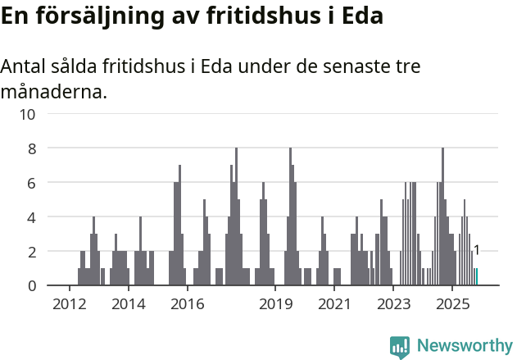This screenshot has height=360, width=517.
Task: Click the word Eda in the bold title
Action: coord(361,16)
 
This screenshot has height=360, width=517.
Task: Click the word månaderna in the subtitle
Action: coord(54,91)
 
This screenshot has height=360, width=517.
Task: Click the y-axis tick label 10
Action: coord(27,114)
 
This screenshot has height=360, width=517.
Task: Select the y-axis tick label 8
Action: coord(31,148)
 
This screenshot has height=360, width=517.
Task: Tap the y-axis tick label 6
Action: coord(31,183)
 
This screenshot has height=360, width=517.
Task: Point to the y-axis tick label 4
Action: coord(31,217)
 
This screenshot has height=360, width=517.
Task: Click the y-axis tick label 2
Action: coord(31,252)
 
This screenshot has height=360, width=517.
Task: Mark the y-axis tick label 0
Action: coord(31,286)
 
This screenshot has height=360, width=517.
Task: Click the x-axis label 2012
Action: coord(69,304)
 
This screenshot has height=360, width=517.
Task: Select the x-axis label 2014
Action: coord(128,304)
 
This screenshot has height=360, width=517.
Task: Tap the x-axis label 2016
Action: coord(187,304)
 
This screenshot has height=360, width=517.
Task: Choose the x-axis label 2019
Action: coord(275,304)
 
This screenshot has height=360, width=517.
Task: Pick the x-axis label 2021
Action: coord(334,304)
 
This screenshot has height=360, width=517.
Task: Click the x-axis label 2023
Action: coord(393,304)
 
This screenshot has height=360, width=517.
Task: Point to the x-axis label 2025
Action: coord(452,304)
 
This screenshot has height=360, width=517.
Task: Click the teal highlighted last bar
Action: coord(476,277)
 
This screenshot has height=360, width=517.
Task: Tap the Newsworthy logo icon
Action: coord(400,347)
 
